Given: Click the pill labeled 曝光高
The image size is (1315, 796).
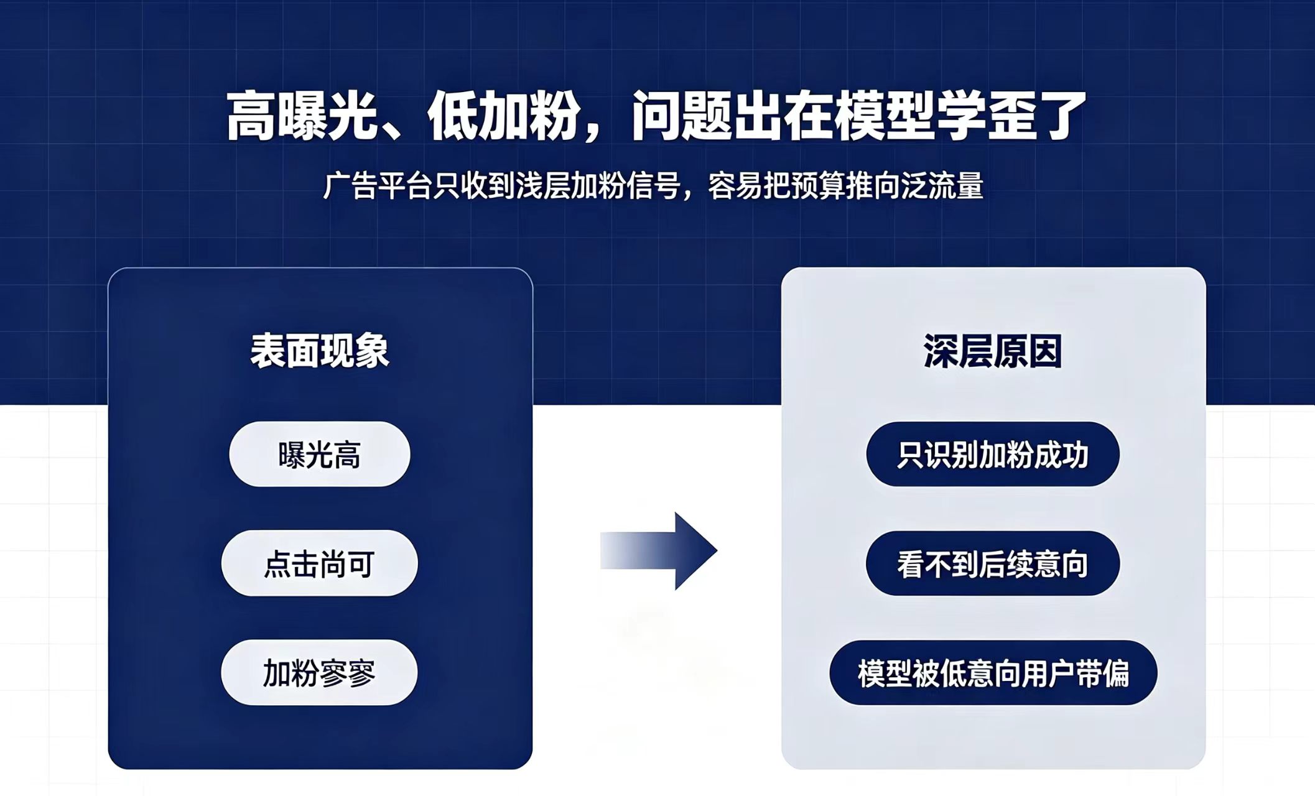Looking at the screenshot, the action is [x=320, y=454].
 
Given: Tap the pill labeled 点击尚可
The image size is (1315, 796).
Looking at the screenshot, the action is [x=320, y=563].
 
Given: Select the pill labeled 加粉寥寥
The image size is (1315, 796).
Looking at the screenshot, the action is [x=319, y=672].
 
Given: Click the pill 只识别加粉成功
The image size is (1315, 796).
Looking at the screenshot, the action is [x=993, y=454].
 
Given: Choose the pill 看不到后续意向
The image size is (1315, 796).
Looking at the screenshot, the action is [x=993, y=563].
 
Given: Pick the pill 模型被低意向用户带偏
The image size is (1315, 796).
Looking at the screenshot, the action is [x=993, y=673].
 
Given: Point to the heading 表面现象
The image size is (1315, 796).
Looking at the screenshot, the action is [x=320, y=351].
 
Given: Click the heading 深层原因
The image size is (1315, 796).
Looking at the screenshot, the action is [x=993, y=351].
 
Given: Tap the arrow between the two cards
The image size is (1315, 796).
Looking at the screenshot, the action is [x=659, y=551].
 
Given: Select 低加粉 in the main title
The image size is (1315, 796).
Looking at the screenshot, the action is [x=504, y=116].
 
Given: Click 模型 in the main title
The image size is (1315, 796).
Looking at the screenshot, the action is [x=885, y=116].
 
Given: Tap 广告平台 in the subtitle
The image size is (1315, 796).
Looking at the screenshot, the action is [x=378, y=186].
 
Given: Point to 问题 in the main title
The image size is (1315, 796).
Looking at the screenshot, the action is [x=682, y=116].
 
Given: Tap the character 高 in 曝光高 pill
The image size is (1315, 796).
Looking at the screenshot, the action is [x=347, y=455].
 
